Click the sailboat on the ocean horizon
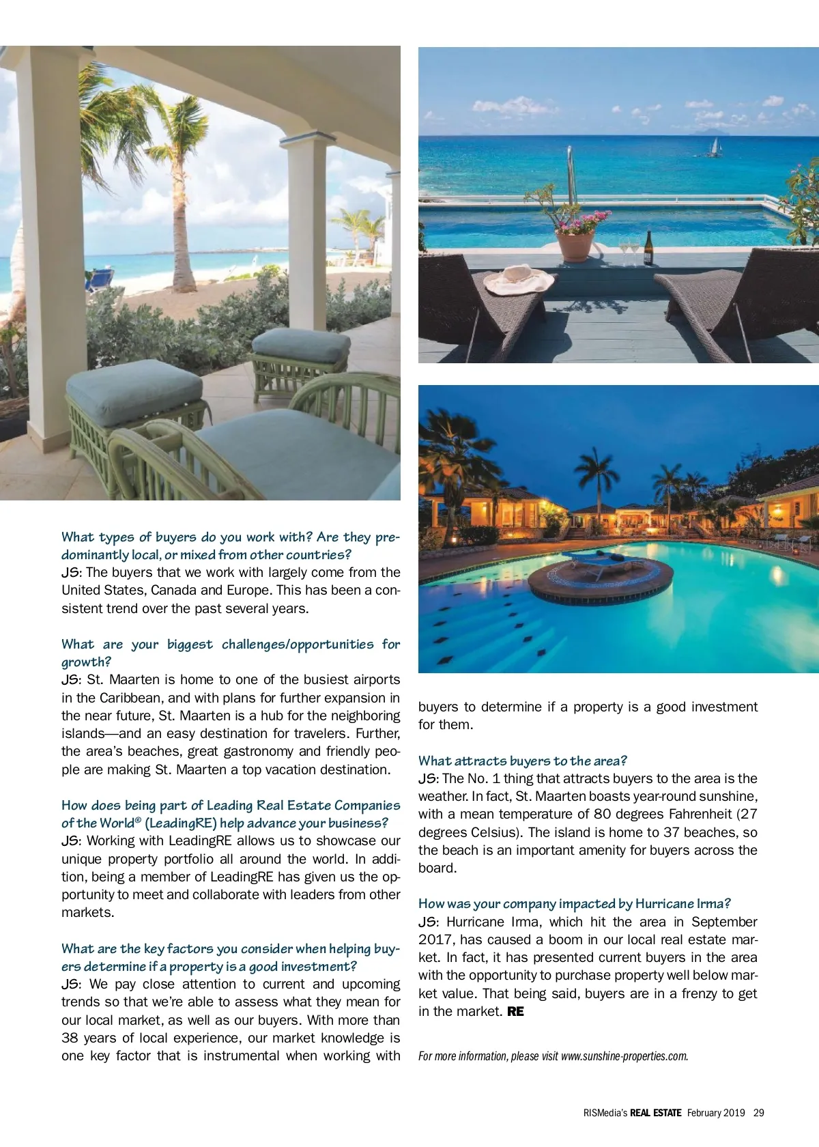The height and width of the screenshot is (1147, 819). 715,147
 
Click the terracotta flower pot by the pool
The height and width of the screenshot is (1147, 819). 575,246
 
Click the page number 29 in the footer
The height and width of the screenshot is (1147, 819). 758,1112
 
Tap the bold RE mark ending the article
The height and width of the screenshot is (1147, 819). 515,1011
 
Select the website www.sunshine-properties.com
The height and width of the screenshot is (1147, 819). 624,1056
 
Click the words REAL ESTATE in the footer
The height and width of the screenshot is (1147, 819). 655,1112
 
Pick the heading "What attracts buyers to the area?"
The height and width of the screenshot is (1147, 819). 522,761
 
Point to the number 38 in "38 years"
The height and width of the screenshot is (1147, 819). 71,1038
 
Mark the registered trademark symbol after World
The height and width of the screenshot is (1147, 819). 138,819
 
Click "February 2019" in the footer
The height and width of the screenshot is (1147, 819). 715,1112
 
